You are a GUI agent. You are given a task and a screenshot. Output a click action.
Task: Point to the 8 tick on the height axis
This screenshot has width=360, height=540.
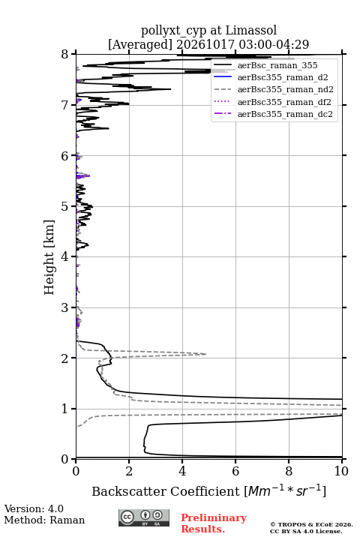click(x=73, y=54)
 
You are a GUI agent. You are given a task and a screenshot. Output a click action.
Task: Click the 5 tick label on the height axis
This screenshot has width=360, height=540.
click(x=64, y=207)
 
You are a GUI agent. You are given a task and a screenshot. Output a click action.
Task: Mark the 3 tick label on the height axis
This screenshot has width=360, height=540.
click(x=64, y=307)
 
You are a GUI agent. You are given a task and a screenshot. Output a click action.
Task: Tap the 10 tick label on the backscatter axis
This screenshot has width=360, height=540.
click(x=341, y=471)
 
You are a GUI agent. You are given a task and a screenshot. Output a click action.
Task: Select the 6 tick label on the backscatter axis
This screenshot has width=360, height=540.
click(x=235, y=471)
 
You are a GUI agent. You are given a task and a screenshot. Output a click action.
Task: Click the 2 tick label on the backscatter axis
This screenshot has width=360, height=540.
click(x=129, y=471)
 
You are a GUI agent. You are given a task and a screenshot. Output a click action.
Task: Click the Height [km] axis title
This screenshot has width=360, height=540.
click(x=49, y=257)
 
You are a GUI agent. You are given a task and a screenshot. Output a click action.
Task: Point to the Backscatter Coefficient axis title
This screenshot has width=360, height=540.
click(x=208, y=490)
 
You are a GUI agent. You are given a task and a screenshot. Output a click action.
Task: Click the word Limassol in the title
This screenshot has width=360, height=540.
click(x=251, y=30)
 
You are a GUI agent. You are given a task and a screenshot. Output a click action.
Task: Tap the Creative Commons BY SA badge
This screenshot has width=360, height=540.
click(x=144, y=518)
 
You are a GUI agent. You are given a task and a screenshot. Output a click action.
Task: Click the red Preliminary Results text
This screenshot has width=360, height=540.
click(x=214, y=523)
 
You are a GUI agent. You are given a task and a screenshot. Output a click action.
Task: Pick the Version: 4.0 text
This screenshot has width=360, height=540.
click(x=34, y=508)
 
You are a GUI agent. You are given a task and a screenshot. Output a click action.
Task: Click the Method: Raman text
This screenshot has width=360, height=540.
click(x=44, y=520)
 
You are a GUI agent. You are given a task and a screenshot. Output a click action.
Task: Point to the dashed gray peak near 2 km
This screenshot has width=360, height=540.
click(x=205, y=354)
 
